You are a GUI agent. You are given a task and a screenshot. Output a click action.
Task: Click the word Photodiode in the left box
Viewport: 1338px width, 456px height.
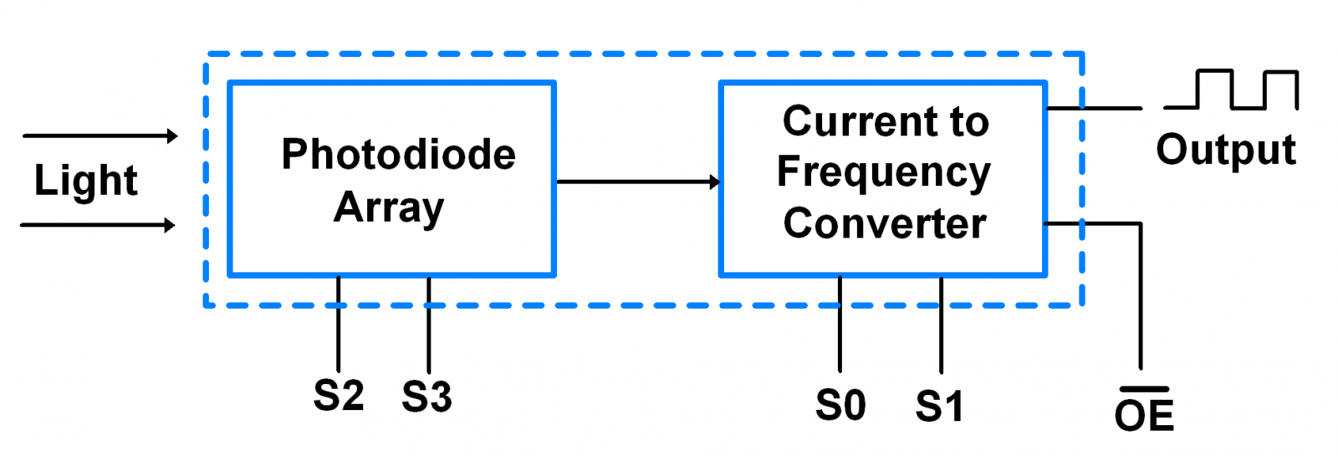coord(398,155)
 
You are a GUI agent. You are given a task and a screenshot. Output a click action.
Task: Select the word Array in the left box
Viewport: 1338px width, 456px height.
coord(389,208)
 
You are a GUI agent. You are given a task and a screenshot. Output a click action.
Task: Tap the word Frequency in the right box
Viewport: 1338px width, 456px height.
coord(883,173)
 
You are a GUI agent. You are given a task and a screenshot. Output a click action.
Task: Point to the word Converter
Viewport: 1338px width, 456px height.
coord(885,223)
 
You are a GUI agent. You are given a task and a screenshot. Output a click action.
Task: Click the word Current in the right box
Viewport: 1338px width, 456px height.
coord(854,121)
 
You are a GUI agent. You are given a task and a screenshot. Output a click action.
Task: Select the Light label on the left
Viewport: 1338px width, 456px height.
coord(85,181)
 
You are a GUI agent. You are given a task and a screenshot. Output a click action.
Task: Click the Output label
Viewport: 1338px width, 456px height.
coord(1225,151)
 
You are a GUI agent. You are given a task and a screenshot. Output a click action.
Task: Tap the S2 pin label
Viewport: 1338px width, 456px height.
coord(338,396)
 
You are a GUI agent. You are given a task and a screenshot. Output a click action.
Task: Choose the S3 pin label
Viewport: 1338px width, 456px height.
coord(426,397)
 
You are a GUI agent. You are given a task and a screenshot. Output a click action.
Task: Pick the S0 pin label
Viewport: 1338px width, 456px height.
coord(840,406)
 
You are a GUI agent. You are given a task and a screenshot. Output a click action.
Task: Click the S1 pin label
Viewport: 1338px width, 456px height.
coord(940,407)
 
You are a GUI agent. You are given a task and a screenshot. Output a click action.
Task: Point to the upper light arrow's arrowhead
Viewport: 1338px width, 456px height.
coord(171,136)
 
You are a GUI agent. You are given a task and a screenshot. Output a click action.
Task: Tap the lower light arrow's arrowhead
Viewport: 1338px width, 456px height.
coord(170,225)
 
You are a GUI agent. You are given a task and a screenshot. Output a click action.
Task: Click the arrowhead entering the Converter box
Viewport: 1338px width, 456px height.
coord(714,182)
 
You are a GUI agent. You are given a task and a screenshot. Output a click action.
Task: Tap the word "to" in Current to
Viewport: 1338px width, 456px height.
coord(969,122)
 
